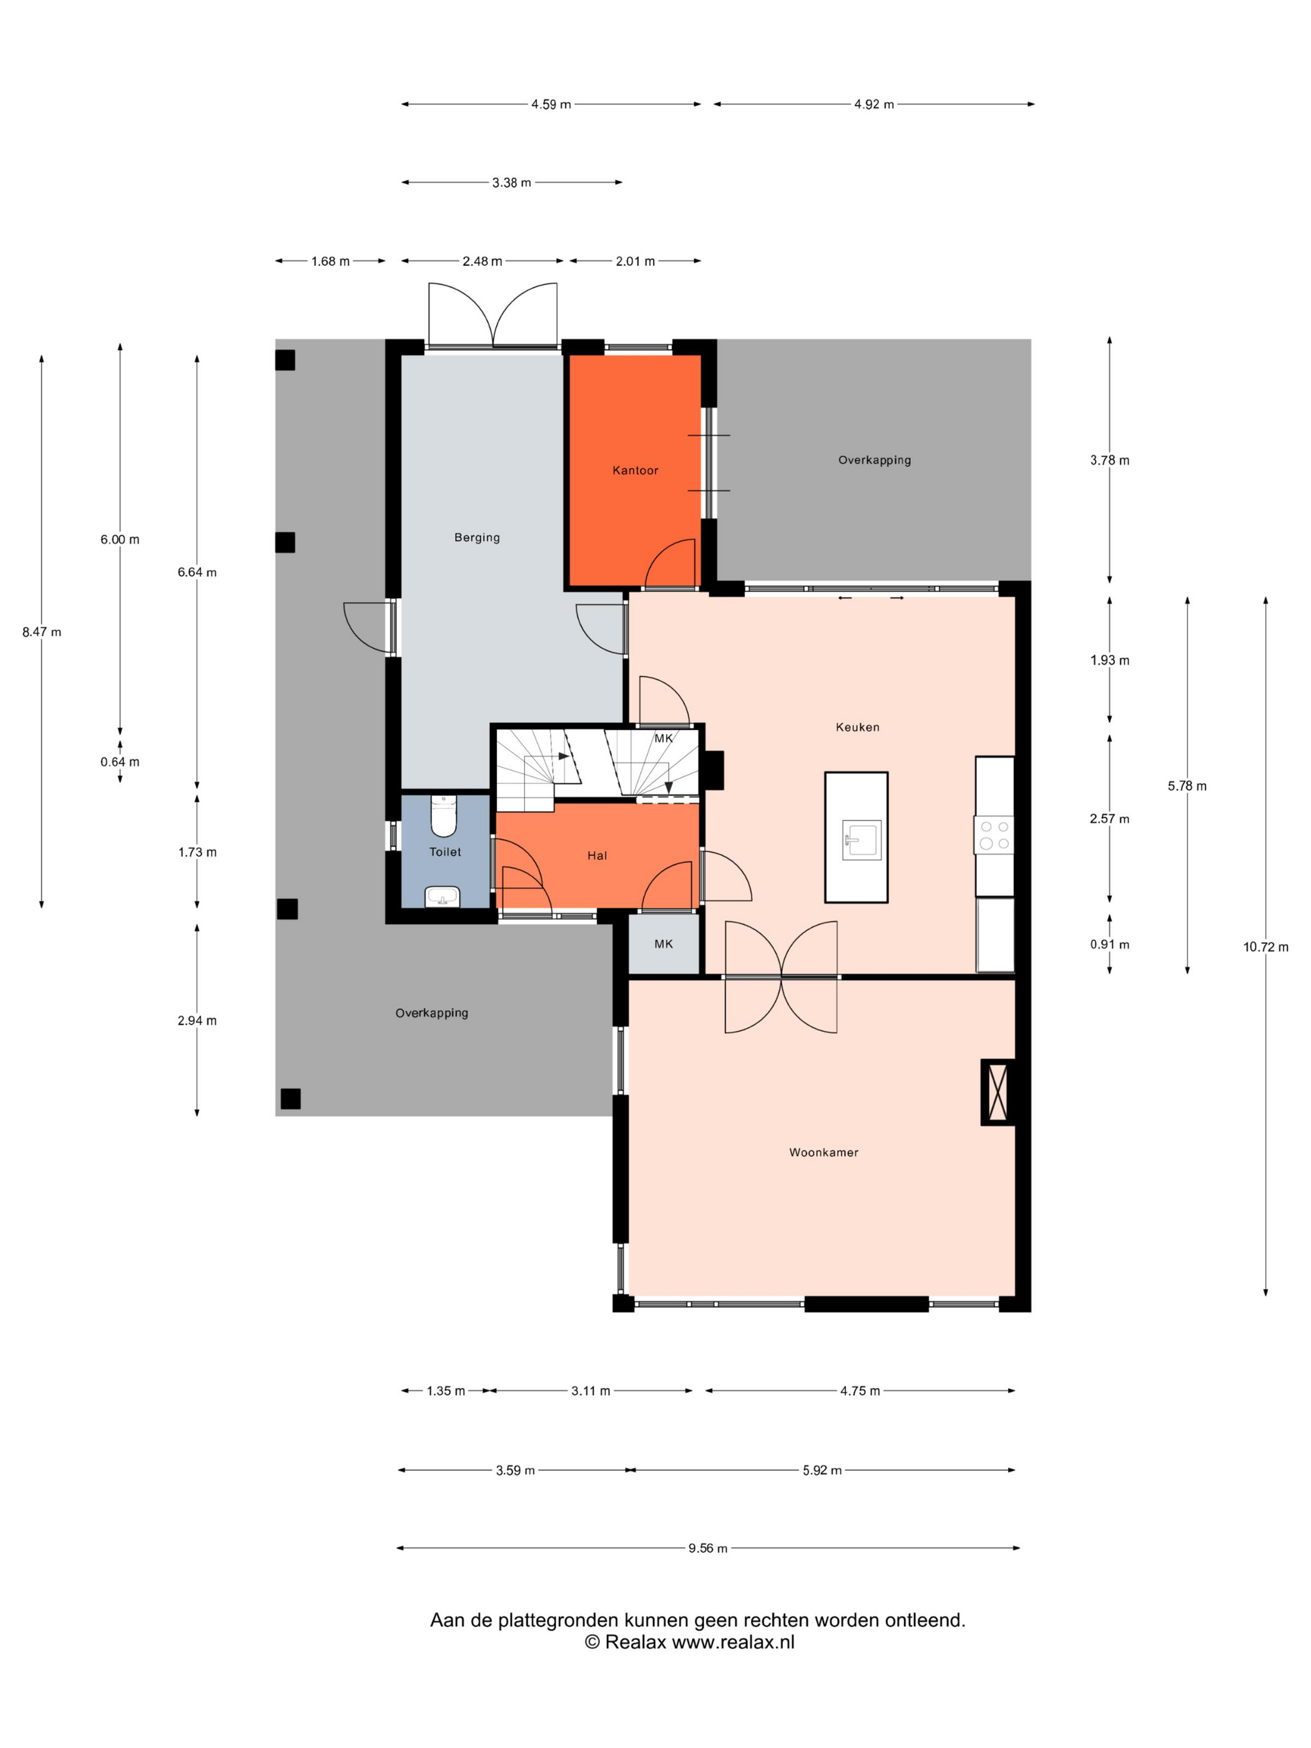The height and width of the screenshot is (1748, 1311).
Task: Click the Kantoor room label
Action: click(634, 470)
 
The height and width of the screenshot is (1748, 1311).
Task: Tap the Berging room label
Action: click(476, 538)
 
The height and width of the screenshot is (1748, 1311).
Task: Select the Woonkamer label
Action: click(823, 1152)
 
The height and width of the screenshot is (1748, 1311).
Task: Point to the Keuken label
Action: click(857, 727)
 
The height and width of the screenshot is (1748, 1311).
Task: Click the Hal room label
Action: click(597, 855)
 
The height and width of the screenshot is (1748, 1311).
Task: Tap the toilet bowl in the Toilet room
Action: click(443, 815)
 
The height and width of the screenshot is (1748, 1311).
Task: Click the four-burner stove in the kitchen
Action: click(994, 835)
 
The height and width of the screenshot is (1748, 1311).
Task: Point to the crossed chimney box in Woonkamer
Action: click(997, 1092)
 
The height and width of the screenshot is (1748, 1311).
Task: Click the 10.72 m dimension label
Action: click(1265, 946)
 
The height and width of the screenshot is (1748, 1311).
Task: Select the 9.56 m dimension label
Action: click(707, 1548)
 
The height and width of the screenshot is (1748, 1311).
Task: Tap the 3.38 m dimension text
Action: click(511, 182)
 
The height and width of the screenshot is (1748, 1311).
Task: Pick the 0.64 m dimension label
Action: click(119, 762)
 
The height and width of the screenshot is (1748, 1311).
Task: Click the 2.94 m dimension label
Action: click(197, 1020)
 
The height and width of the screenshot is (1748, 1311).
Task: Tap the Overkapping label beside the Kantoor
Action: click(874, 460)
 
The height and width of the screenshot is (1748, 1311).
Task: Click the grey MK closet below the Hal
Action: click(664, 943)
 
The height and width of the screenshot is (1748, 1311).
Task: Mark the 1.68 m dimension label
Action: click(330, 261)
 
